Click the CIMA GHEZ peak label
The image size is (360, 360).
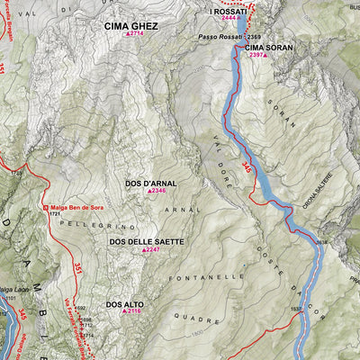pyautogui.click(x=130, y=26)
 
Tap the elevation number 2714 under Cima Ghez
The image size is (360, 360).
pyautogui.click(x=136, y=34)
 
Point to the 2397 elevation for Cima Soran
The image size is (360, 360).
pyautogui.click(x=258, y=55)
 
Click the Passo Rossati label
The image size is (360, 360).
pyautogui.click(x=221, y=37)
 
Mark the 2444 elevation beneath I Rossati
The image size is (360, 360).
pyautogui.click(x=229, y=18)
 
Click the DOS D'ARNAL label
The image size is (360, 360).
pyautogui.click(x=151, y=183)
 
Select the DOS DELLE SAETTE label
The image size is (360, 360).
pyautogui.click(x=147, y=242)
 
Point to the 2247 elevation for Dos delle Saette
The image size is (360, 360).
pyautogui.click(x=152, y=250)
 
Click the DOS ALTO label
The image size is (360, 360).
pyautogui.click(x=124, y=305)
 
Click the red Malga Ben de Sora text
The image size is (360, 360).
pyautogui.click(x=80, y=206)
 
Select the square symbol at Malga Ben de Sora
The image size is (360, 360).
pyautogui.click(x=48, y=207)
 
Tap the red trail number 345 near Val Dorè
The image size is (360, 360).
pyautogui.click(x=247, y=166)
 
